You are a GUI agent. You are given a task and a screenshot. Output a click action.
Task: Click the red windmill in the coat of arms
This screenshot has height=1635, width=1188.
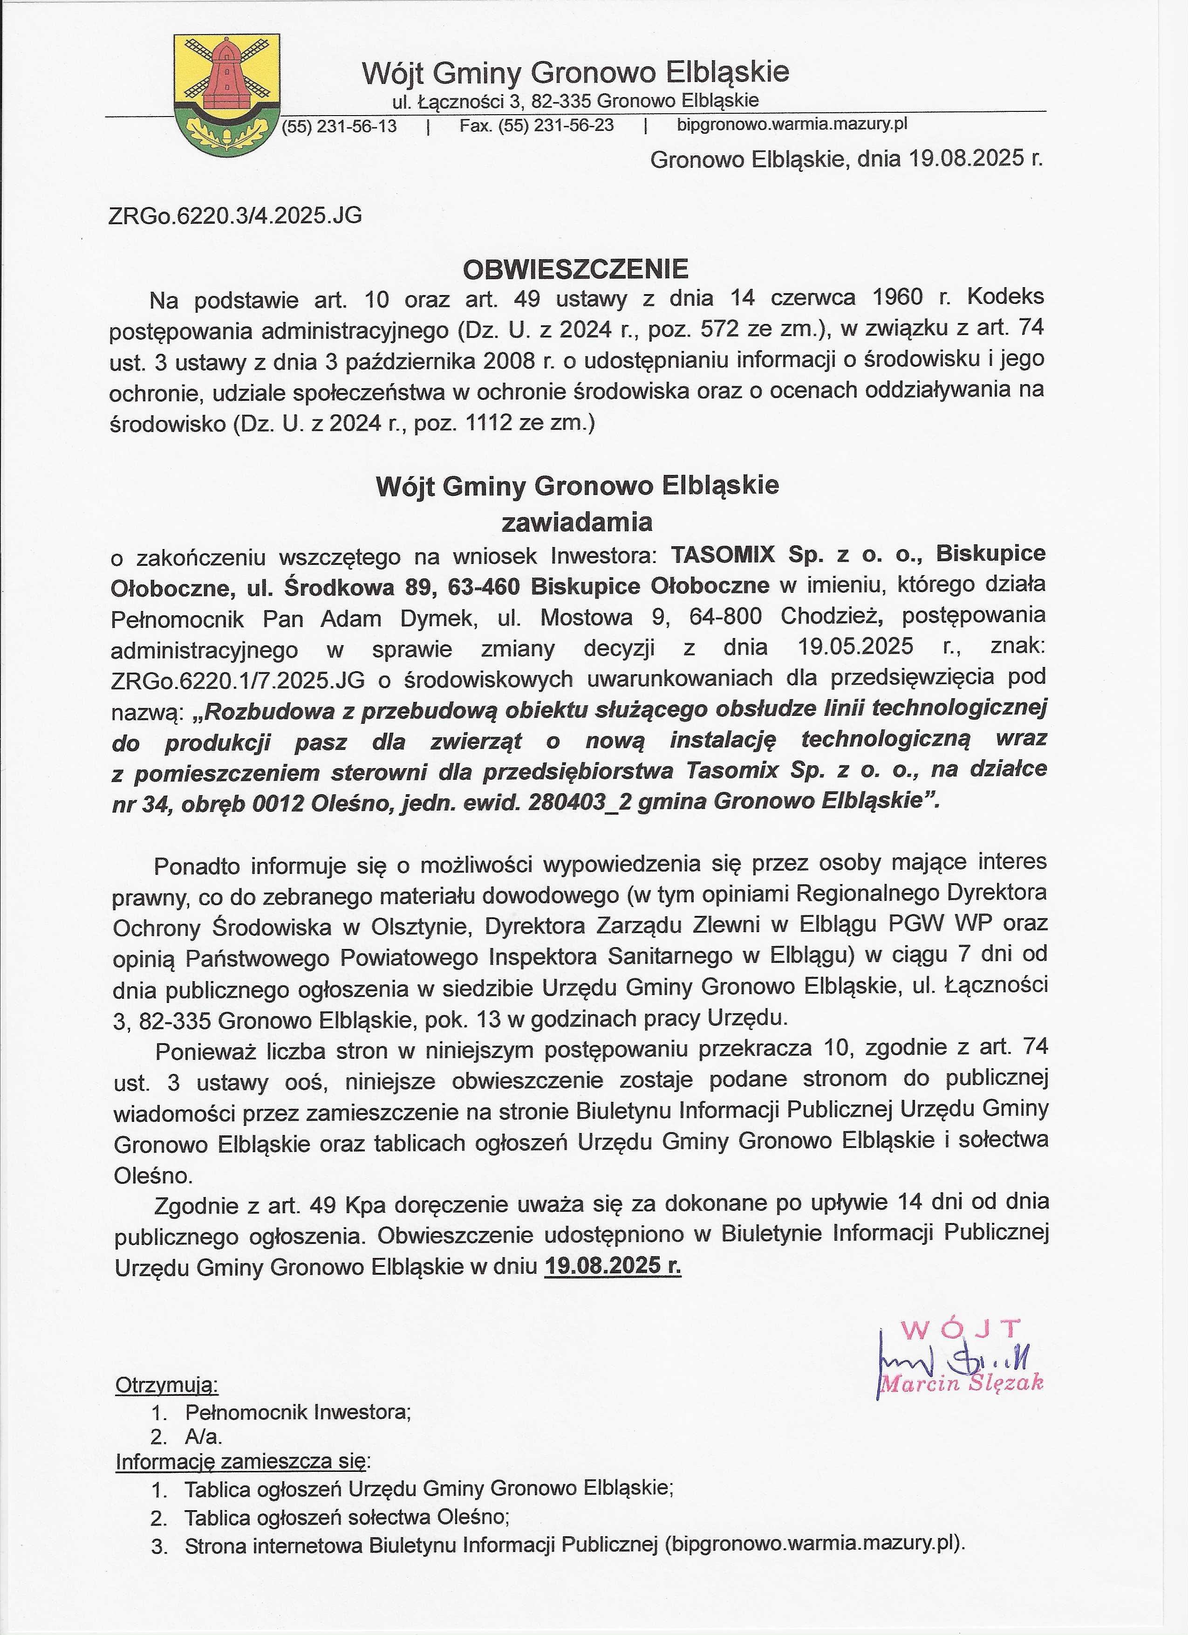[x=225, y=77]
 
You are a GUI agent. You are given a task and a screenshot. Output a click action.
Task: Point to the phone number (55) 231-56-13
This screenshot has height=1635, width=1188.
[x=339, y=126]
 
